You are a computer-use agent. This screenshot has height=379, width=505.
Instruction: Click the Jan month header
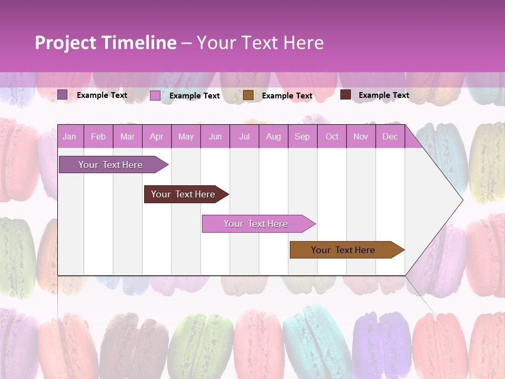pyautogui.click(x=69, y=136)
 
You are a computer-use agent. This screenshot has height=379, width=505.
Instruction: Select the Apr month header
pyautogui.click(x=156, y=136)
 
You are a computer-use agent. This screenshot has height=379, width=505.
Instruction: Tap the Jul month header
pyautogui.click(x=244, y=136)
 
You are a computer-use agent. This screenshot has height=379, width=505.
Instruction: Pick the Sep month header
pyautogui.click(x=302, y=136)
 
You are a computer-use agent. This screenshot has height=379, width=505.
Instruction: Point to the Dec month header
pyautogui.click(x=390, y=136)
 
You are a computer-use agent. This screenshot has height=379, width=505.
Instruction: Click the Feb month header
pyautogui.click(x=98, y=136)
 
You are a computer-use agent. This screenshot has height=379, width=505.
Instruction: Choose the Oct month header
pyautogui.click(x=332, y=136)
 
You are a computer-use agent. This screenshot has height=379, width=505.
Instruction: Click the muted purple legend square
pyautogui.click(x=62, y=95)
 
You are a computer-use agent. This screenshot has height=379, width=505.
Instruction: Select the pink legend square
pyautogui.click(x=155, y=95)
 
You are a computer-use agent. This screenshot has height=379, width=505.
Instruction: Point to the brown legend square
pyautogui.click(x=248, y=95)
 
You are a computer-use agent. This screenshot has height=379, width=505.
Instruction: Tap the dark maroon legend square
pyautogui.click(x=345, y=95)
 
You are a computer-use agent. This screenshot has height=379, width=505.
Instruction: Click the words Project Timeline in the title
pyautogui.click(x=105, y=43)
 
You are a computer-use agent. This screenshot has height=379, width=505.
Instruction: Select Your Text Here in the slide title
pyautogui.click(x=260, y=43)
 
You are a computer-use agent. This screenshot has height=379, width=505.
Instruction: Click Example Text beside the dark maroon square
pyautogui.click(x=383, y=95)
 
